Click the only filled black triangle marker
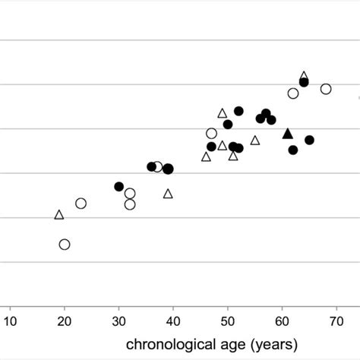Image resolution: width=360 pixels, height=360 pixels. (x=287, y=134)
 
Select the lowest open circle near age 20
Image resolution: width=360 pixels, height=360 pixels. (x=65, y=245)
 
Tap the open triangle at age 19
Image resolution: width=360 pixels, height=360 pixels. (x=59, y=215)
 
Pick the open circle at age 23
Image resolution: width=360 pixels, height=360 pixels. (x=81, y=204)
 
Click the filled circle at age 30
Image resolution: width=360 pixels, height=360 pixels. (x=118, y=187)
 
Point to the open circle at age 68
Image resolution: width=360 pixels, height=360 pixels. (x=326, y=89)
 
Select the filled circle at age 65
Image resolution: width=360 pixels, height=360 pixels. (x=309, y=140)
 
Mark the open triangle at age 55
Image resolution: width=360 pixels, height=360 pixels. (x=255, y=141)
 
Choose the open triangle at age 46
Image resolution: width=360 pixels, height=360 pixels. (x=206, y=157)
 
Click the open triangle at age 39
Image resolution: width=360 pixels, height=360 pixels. (x=168, y=194)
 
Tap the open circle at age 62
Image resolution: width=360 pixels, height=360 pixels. (x=293, y=93)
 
